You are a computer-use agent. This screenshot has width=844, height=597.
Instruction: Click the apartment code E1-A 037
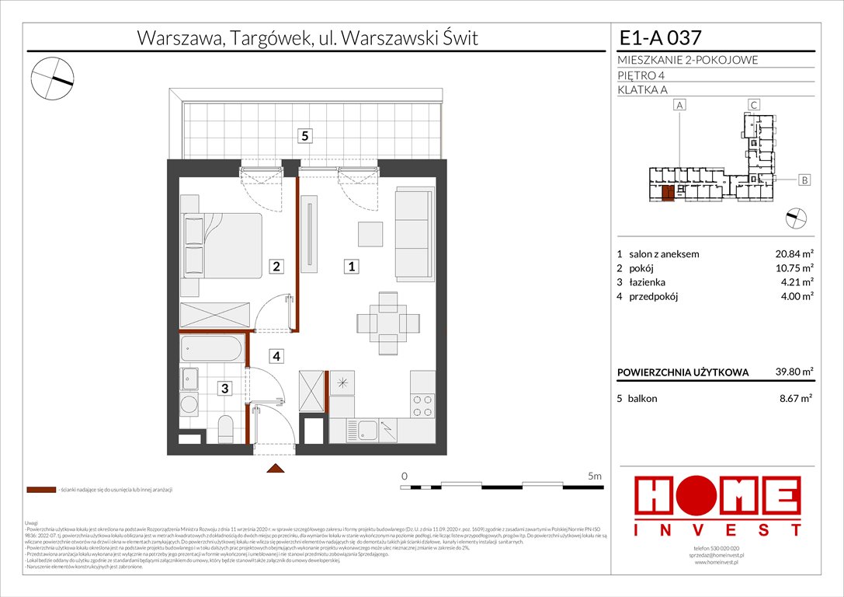point(662,37)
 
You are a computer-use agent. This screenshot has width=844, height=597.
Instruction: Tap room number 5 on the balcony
point(306,136)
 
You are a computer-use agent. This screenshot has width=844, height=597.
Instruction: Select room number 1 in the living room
point(352,267)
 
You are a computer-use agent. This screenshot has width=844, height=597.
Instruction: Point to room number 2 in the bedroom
point(276,267)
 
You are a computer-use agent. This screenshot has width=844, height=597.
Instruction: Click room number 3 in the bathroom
point(223,389)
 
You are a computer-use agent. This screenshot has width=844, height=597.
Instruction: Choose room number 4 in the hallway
point(276,357)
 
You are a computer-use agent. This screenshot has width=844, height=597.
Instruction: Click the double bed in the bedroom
point(221,243)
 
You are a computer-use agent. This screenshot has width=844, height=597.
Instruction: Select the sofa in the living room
point(412,233)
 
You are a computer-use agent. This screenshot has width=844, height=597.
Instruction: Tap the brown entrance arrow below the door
point(273,468)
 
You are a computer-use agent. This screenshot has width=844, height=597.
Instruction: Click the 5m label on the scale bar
point(594,476)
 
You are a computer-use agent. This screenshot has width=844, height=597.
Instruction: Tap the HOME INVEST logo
point(718,506)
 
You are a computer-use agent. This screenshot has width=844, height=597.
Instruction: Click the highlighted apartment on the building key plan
point(668,193)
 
